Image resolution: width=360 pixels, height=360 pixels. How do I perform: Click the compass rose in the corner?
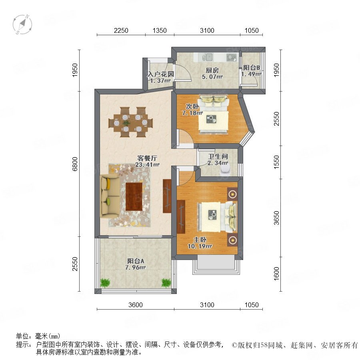click(x=22, y=24)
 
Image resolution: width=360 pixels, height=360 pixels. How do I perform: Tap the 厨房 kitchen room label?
click(x=212, y=70)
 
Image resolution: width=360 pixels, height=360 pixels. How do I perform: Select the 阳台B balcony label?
click(x=252, y=68)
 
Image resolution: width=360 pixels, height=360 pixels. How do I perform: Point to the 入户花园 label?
click(x=161, y=74)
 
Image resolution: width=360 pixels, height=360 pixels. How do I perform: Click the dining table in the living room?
click(x=130, y=122)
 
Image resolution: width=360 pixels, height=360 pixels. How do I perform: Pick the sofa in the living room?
click(x=110, y=196)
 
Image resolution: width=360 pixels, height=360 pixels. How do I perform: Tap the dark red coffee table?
click(x=134, y=196)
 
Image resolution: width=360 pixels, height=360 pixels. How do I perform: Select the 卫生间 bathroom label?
click(x=218, y=156)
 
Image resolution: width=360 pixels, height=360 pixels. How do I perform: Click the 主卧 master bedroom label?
click(x=200, y=240)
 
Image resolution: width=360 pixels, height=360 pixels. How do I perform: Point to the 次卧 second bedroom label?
click(x=192, y=106)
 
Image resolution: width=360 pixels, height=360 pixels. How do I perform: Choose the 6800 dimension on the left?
click(x=75, y=164)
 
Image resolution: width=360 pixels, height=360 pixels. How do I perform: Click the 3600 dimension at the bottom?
click(x=136, y=305)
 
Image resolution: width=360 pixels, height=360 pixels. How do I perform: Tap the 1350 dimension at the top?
click(x=160, y=30)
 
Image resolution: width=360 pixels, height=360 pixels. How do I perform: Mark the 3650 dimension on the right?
click(x=276, y=218)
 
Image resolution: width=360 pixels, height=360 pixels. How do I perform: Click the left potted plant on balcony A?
click(x=105, y=283)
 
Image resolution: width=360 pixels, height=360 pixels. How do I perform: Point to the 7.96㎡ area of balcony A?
click(x=136, y=268)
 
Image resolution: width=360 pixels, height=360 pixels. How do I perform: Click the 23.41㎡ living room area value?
click(x=147, y=165)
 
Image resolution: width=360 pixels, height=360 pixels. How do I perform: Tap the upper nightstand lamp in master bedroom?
click(x=232, y=194)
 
